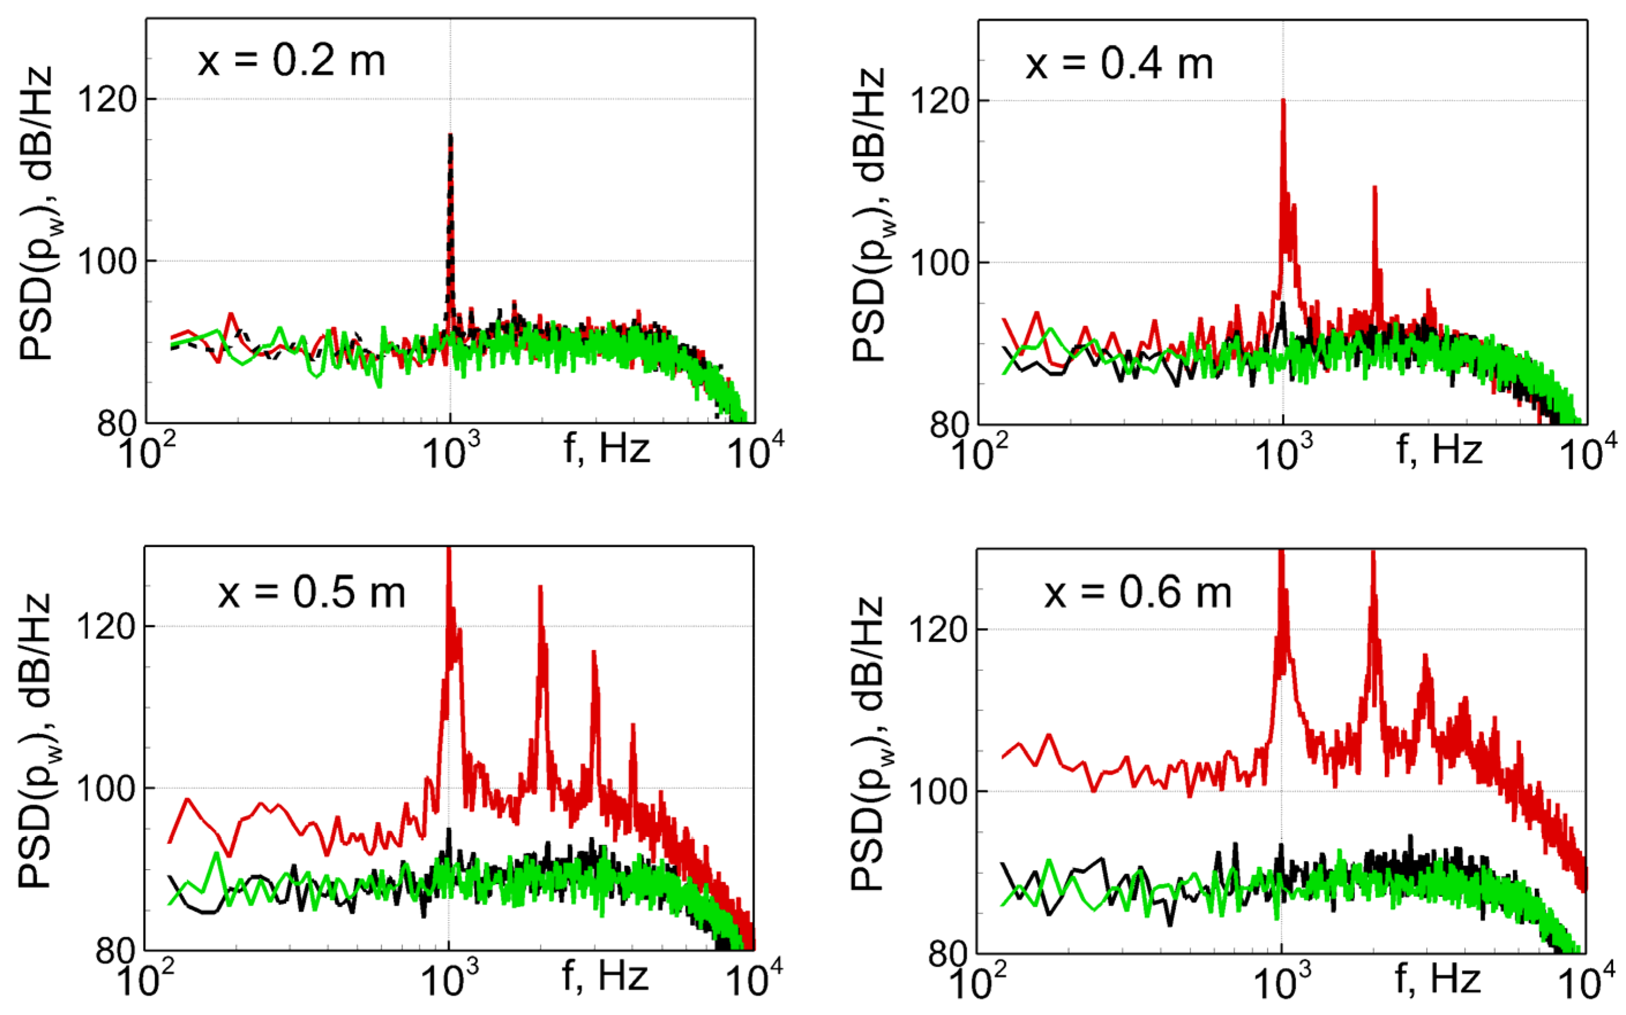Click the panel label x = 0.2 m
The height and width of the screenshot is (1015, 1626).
[x=291, y=61]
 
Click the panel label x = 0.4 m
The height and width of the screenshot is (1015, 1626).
[x=1119, y=65]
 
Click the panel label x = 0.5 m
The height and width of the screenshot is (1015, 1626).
[x=311, y=593]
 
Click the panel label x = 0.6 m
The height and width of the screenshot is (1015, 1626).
[x=1137, y=593]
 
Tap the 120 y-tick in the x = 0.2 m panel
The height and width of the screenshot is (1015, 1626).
[x=107, y=99]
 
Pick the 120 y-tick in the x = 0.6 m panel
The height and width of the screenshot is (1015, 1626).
[x=939, y=629]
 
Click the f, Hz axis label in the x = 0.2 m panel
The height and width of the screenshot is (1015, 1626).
[x=606, y=448]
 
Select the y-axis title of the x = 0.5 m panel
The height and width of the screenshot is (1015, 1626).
[x=35, y=742]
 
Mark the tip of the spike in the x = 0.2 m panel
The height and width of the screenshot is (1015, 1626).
[x=450, y=135]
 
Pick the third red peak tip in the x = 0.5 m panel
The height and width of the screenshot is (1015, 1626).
[x=594, y=652]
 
